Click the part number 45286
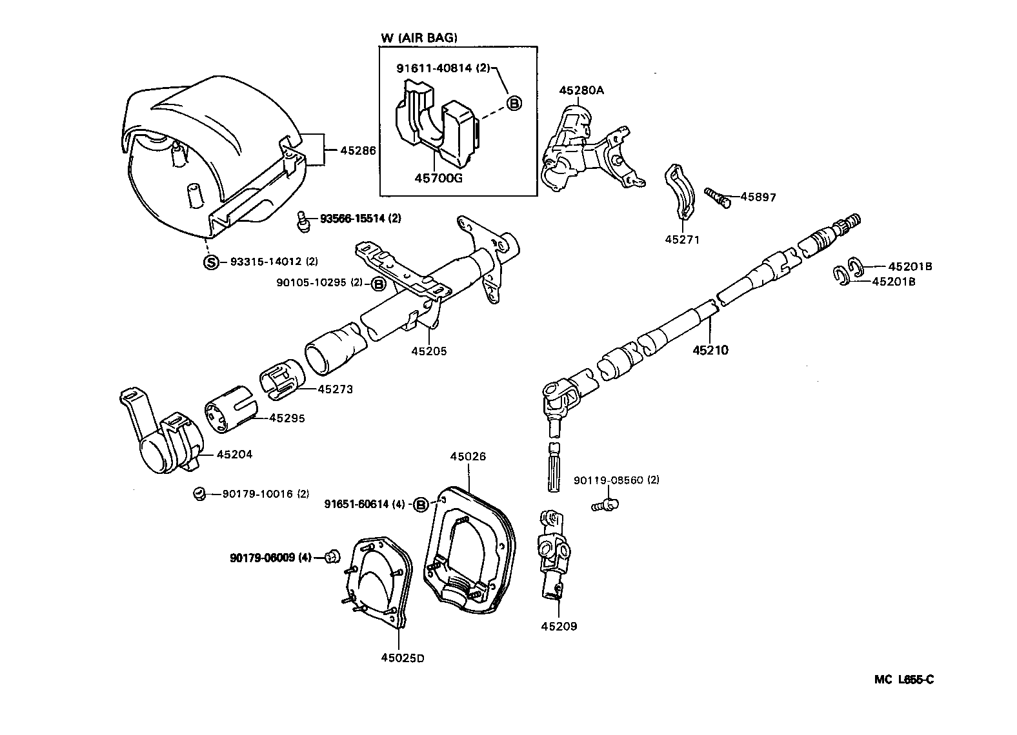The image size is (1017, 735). click(359, 151)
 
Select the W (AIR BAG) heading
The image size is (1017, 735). click(419, 38)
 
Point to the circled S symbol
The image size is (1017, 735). click(211, 262)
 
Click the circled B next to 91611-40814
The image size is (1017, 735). click(514, 103)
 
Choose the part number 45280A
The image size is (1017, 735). click(581, 91)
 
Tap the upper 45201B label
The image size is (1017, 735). click(910, 266)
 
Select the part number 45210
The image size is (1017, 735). click(710, 350)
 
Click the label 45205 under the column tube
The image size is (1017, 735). click(428, 351)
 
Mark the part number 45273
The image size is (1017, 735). click(335, 389)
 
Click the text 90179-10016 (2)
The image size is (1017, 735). click(265, 494)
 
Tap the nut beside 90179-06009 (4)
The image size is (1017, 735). click(332, 556)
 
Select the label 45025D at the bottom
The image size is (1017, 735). click(403, 658)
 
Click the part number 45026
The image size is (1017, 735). click(468, 456)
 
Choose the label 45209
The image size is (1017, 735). click(559, 626)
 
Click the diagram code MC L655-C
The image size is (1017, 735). click(904, 679)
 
